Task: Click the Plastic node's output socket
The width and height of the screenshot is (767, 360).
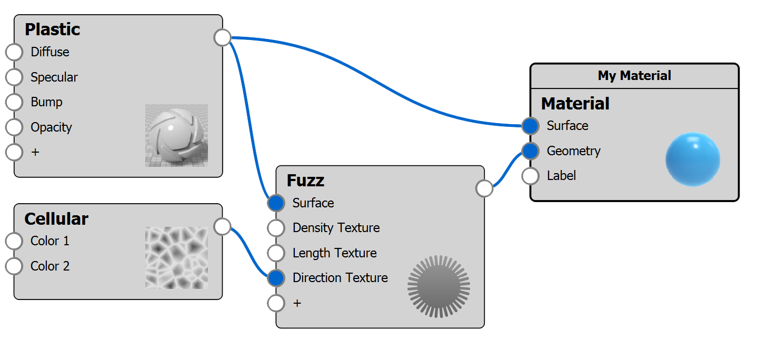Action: pos(223,37)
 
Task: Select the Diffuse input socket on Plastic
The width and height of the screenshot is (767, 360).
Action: pos(14,52)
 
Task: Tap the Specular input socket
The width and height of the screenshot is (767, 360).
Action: pos(14,77)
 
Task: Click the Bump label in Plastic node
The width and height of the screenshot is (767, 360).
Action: pos(46,102)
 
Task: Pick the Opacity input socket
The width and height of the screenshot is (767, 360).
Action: pos(14,127)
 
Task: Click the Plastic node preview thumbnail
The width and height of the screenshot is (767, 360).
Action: pos(176,135)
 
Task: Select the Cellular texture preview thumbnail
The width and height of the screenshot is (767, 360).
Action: pos(176,257)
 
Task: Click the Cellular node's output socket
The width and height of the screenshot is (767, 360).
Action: pos(223,226)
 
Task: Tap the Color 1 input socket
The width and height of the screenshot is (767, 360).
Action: pos(14,241)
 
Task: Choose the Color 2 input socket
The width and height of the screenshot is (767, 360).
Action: pos(14,266)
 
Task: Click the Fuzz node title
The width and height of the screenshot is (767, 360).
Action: pos(305,181)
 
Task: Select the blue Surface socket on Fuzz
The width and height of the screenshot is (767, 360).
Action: pos(276,203)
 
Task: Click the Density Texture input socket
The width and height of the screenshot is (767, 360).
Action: pos(276,228)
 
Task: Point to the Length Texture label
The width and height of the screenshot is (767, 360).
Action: pos(334,253)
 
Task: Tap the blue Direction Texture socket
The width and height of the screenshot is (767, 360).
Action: pos(276,278)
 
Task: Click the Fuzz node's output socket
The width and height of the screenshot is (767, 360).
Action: pos(484,188)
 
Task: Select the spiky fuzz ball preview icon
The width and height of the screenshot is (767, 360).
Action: pos(439,286)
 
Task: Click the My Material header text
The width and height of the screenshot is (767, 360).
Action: pos(634,76)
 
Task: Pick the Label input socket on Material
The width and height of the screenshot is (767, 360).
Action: pos(530,176)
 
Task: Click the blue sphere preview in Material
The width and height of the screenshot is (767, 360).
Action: pos(692,159)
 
